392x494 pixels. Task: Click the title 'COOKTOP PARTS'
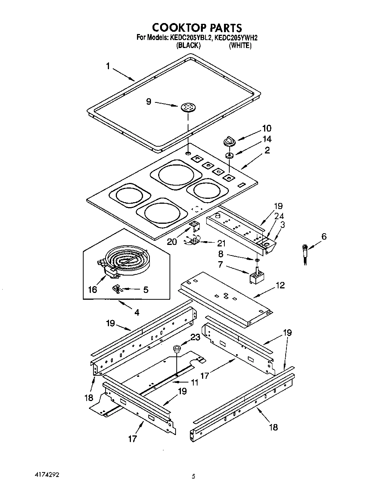pos(197,28)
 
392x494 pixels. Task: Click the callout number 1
pos(108,66)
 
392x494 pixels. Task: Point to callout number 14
pos(268,139)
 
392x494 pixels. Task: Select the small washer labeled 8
pos(257,260)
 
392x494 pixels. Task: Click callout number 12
pos(280,285)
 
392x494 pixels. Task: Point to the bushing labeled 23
pos(176,348)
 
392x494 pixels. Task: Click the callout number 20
pos(172,242)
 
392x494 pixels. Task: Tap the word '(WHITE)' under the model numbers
pos(240,45)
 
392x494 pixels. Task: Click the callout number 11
pos(194,383)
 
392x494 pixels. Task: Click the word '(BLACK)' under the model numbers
pos(188,45)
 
